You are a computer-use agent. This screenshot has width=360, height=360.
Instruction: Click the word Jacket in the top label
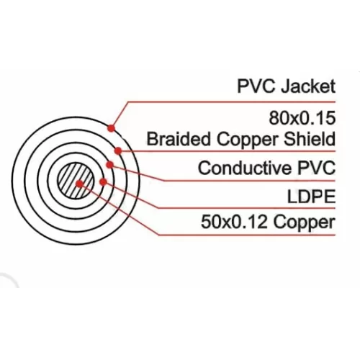[308, 86]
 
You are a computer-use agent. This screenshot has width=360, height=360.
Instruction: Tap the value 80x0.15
[302, 118]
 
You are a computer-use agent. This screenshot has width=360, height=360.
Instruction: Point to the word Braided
[179, 139]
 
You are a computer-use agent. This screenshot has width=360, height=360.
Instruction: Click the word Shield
[310, 139]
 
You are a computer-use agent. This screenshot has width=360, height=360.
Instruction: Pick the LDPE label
[311, 197]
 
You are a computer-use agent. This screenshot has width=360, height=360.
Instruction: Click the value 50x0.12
[234, 222]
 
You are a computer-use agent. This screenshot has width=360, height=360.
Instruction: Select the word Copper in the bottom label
[305, 223]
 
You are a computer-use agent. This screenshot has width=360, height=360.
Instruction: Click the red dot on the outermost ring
[111, 128]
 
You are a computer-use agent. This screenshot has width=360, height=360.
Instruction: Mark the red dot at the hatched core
[79, 184]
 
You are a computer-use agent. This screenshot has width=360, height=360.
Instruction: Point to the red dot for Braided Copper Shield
[118, 150]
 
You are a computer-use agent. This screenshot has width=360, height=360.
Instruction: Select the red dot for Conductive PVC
[109, 165]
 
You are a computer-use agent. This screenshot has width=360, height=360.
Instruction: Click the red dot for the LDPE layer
[103, 182]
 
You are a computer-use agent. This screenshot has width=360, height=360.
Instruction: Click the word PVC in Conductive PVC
[317, 168]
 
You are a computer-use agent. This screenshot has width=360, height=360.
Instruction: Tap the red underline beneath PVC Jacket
[232, 102]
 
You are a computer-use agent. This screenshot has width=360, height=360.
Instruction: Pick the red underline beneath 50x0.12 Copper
[247, 235]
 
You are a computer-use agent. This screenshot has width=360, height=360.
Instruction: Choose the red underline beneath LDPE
[247, 208]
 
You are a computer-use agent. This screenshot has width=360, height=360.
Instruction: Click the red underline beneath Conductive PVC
[250, 181]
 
